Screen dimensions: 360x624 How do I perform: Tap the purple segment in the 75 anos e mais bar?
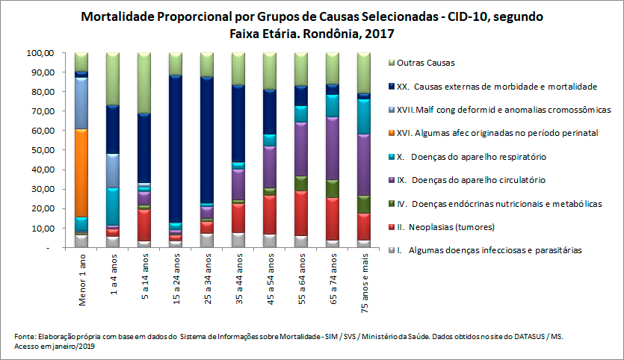[364, 164]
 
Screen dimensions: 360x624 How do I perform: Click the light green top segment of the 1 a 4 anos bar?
[113, 78]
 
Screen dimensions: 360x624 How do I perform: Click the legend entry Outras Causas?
[425, 63]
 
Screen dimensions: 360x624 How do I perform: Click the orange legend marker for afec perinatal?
[392, 133]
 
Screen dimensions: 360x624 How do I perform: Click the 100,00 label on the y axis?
[39, 54]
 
